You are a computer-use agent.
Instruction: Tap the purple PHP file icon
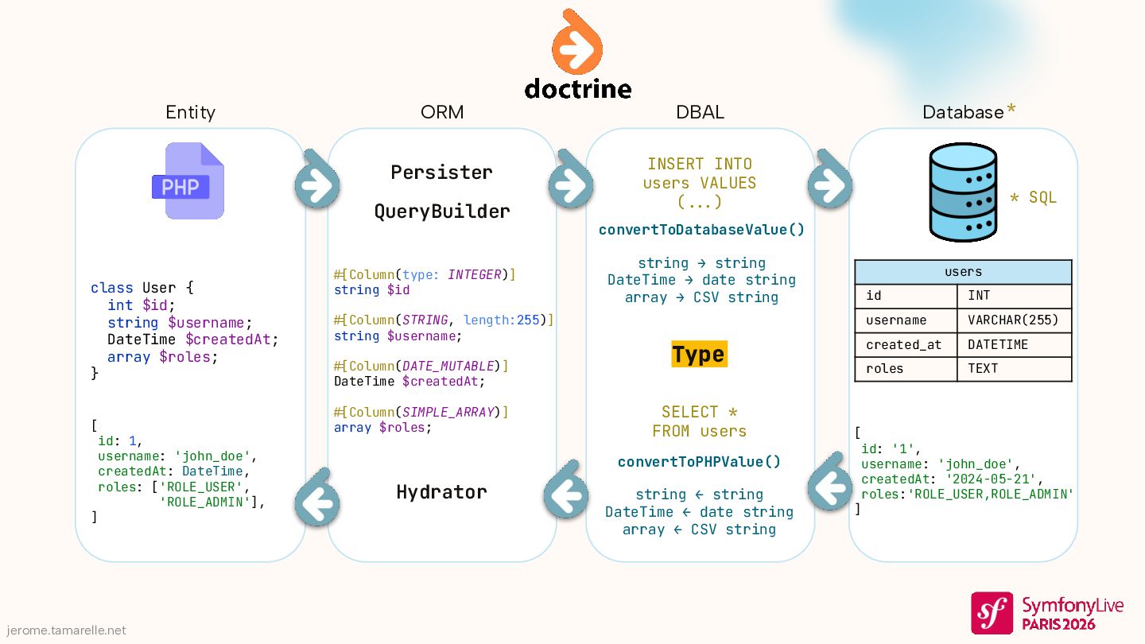188,181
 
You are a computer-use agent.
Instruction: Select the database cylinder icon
963,192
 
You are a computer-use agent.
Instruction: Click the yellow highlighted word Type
699,355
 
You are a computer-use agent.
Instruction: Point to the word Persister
441,172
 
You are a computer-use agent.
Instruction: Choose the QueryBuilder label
441,211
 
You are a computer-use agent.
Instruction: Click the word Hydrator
441,492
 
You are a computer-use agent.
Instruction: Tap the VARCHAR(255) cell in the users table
1013,320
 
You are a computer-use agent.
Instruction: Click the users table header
963,272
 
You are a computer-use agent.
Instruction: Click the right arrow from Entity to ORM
317,185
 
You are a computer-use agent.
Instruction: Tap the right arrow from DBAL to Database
830,185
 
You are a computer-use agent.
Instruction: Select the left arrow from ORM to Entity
317,502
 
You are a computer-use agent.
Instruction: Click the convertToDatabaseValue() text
701,230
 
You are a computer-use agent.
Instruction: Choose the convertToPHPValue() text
699,462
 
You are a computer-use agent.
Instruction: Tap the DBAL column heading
700,113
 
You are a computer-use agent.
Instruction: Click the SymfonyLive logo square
992,612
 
